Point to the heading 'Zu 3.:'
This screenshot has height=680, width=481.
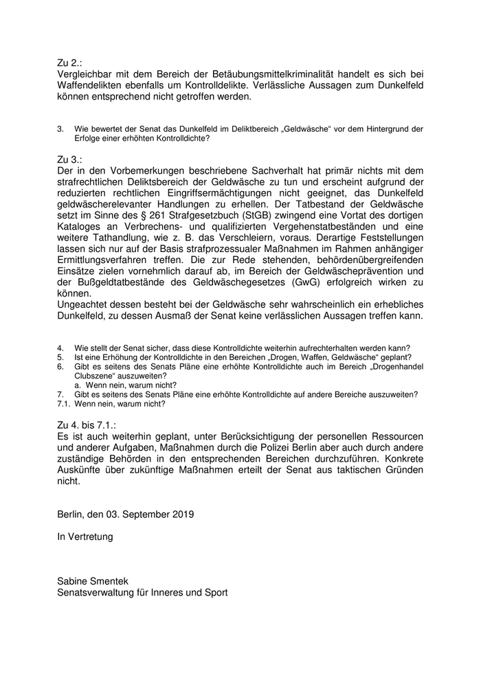tap(70, 159)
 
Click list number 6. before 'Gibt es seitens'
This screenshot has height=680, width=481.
tap(60, 367)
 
